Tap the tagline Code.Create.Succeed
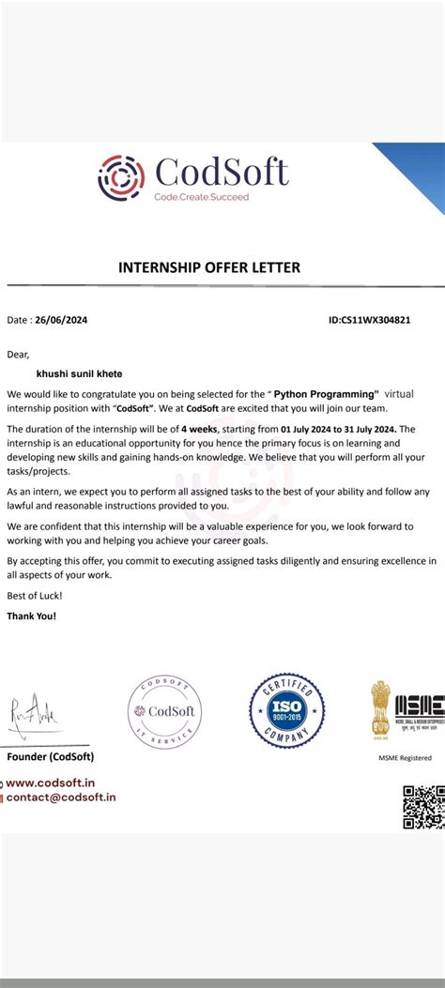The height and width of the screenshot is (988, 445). pyautogui.click(x=201, y=197)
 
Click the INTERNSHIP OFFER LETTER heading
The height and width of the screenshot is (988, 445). pyautogui.click(x=209, y=267)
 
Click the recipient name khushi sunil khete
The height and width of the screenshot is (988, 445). pyautogui.click(x=79, y=373)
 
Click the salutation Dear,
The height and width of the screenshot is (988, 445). pyautogui.click(x=19, y=354)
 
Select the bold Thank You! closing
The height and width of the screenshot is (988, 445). pyautogui.click(x=32, y=616)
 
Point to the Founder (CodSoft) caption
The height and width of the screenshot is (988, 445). pyautogui.click(x=51, y=756)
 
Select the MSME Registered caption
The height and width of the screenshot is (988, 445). pyautogui.click(x=405, y=757)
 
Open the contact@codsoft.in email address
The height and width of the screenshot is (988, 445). pyautogui.click(x=61, y=797)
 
